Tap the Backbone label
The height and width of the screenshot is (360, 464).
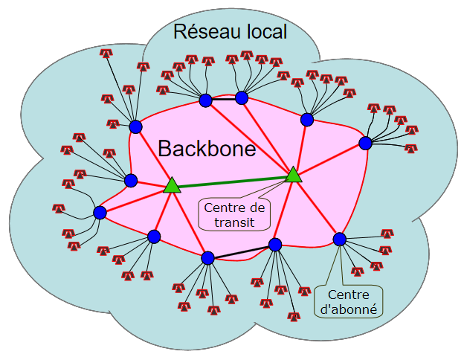(207, 149)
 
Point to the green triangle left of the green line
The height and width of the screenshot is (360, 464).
(172, 185)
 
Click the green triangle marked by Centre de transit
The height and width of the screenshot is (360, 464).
(294, 175)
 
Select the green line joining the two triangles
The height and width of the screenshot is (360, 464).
(233, 180)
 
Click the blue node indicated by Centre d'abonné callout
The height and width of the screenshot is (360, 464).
(340, 240)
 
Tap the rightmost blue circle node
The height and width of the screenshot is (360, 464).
(365, 143)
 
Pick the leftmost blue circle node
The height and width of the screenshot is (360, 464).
(100, 213)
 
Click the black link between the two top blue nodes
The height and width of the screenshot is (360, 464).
(223, 99)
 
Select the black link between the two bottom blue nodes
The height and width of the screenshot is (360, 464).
(242, 251)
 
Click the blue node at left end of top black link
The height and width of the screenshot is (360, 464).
(205, 100)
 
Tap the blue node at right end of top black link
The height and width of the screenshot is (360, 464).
(241, 97)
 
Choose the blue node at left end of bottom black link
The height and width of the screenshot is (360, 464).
(207, 258)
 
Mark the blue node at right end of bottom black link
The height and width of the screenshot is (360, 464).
(275, 244)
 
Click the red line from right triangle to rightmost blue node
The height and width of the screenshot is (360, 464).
(329, 158)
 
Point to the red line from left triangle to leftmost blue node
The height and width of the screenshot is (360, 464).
(135, 199)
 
